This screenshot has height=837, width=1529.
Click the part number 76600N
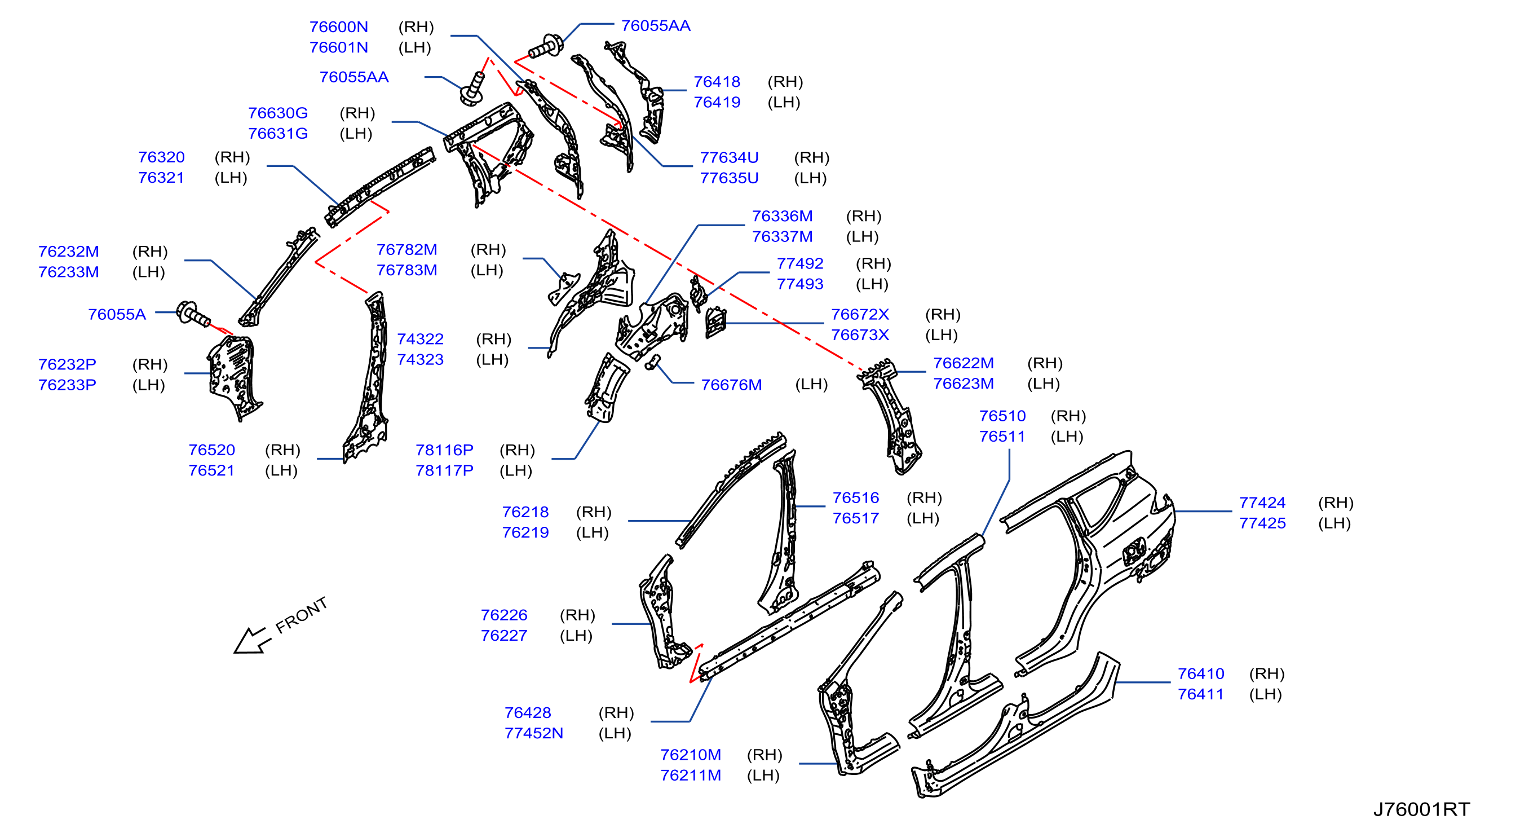pyautogui.click(x=338, y=27)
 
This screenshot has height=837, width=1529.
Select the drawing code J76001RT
pyautogui.click(x=1421, y=809)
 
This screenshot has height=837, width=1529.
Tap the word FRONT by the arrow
pyautogui.click(x=302, y=614)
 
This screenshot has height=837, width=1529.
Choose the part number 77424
pyautogui.click(x=1262, y=503)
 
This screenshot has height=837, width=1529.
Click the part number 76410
pyautogui.click(x=1201, y=674)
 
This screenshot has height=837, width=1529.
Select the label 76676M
pyautogui.click(x=731, y=385)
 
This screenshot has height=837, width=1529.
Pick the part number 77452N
pyautogui.click(x=533, y=733)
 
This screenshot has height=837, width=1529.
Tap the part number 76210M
pyautogui.click(x=691, y=755)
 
